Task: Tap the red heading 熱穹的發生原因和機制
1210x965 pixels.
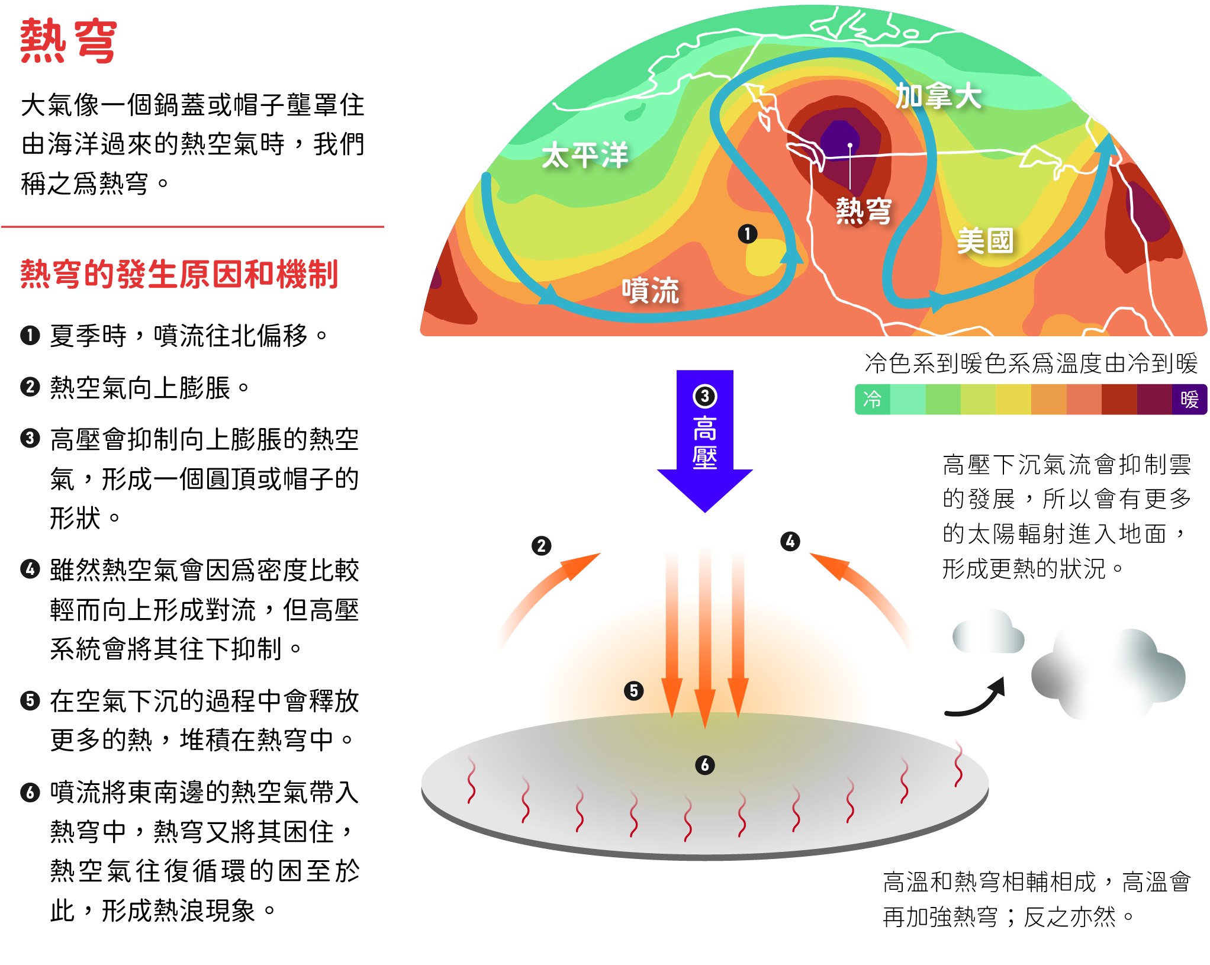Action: click(x=179, y=275)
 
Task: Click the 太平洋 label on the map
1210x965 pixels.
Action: click(x=585, y=155)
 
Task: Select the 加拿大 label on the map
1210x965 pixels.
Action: click(x=938, y=96)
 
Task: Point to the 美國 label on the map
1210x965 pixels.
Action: click(x=986, y=241)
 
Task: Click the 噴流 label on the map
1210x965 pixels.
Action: click(x=650, y=290)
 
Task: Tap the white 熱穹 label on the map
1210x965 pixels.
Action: click(x=864, y=211)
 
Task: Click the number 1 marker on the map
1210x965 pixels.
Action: click(x=748, y=234)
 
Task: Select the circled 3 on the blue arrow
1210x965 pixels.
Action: click(x=704, y=396)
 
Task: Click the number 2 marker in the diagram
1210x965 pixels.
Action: click(x=541, y=545)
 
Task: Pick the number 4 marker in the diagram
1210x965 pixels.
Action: click(x=790, y=541)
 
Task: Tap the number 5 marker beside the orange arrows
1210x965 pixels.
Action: click(x=633, y=690)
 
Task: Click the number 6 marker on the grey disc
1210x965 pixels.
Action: click(x=704, y=765)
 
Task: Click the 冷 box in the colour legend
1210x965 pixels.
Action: click(x=872, y=399)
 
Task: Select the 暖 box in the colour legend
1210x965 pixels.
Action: click(x=1189, y=399)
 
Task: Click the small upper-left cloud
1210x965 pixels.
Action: click(x=987, y=633)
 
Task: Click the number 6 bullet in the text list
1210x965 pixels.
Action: click(x=30, y=792)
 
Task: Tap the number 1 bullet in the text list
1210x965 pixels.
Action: click(x=30, y=336)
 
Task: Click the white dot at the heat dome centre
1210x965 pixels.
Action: click(x=850, y=145)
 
